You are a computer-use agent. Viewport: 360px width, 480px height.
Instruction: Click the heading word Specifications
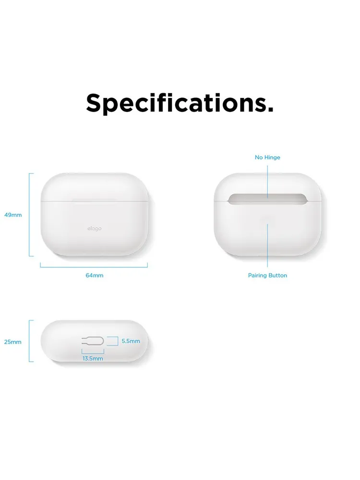click(x=180, y=103)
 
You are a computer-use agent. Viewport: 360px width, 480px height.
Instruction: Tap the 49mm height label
click(x=13, y=215)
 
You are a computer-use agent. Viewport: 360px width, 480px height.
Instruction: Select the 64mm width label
click(x=94, y=275)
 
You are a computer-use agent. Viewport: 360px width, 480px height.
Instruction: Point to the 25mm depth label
click(x=13, y=342)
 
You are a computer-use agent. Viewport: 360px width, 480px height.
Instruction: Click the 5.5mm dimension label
click(x=131, y=341)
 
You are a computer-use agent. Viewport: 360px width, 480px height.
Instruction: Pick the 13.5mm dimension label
click(x=93, y=359)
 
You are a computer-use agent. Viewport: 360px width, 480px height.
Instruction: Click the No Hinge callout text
click(x=267, y=157)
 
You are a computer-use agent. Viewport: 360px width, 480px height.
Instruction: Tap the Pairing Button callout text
click(x=267, y=275)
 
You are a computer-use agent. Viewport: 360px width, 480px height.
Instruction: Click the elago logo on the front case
click(x=94, y=228)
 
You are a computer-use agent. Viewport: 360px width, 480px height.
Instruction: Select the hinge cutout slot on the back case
click(x=267, y=199)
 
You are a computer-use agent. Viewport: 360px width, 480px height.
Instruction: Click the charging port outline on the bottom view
click(x=93, y=341)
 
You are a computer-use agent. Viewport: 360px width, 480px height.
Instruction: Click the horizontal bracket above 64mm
click(x=94, y=267)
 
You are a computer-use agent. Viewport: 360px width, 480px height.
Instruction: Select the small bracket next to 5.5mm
click(x=118, y=341)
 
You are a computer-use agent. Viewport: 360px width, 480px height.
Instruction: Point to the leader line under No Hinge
click(x=267, y=182)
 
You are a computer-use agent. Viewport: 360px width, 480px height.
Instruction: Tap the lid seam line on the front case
click(x=94, y=201)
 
